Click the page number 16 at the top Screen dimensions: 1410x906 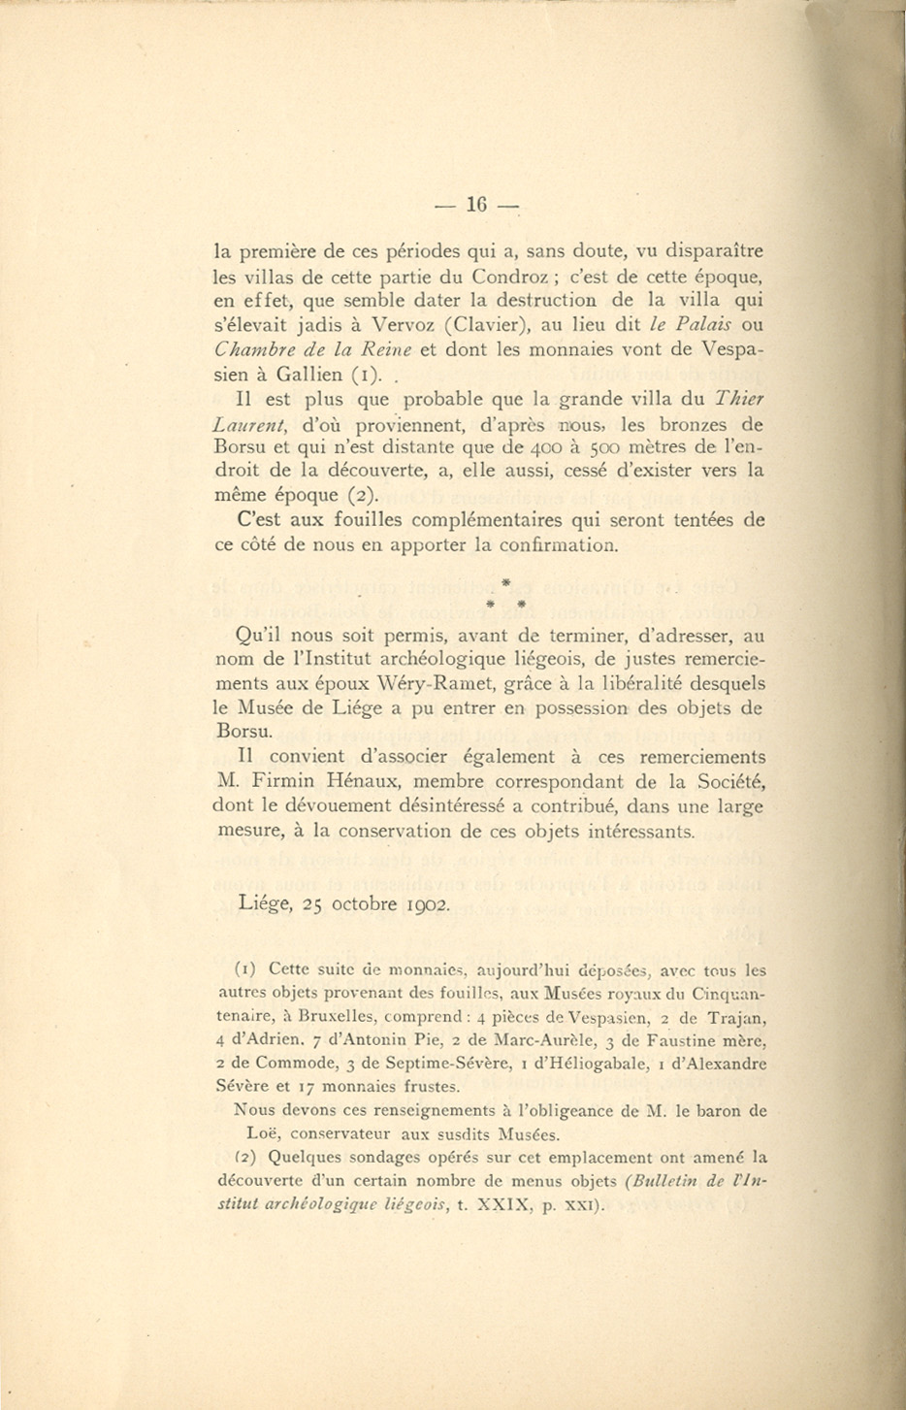click(x=475, y=205)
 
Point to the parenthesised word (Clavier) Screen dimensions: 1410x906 click(x=483, y=325)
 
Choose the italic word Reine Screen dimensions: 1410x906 click(x=387, y=349)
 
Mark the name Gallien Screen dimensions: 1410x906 click(x=308, y=375)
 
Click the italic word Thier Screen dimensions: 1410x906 click(x=738, y=399)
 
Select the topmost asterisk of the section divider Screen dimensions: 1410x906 click(x=505, y=582)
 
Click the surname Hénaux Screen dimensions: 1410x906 click(x=372, y=781)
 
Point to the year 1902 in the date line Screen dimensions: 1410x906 click(x=427, y=904)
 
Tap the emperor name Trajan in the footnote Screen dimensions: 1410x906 click(x=739, y=1018)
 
